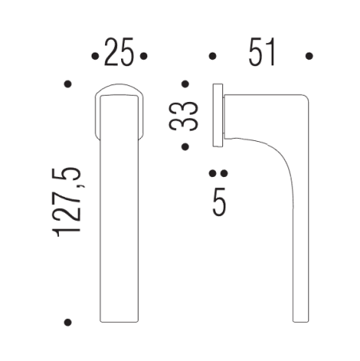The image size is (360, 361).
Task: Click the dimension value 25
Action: coord(119,54)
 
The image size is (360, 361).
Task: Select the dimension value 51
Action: coord(261,54)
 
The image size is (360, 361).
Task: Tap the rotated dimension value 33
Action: coord(186,115)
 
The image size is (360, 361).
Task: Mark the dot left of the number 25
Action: coord(95,57)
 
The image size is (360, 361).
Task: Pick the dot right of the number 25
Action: coord(144,57)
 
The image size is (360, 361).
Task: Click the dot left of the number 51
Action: coord(212,57)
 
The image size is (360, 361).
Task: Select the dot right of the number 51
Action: coord(310,57)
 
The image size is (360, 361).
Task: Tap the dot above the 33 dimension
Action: coord(186,83)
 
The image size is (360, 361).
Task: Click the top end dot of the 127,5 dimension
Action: coord(68,83)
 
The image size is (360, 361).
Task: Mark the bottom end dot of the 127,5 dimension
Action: coord(68,322)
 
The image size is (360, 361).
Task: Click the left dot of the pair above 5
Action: coord(213,173)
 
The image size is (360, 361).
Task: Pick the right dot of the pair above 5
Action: coord(224,173)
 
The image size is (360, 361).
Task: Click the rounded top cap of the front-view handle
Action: coord(119,89)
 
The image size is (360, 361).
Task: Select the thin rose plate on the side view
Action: coord(217,114)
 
